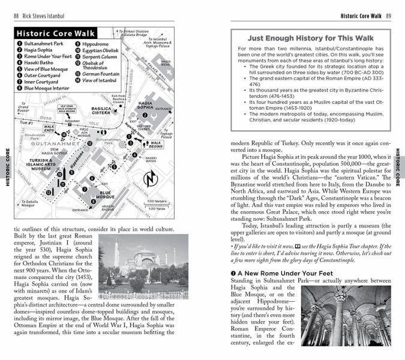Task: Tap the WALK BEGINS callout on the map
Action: pos(151,145)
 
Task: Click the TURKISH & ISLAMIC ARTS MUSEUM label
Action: pos(34,165)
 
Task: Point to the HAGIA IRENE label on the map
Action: pos(166,62)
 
